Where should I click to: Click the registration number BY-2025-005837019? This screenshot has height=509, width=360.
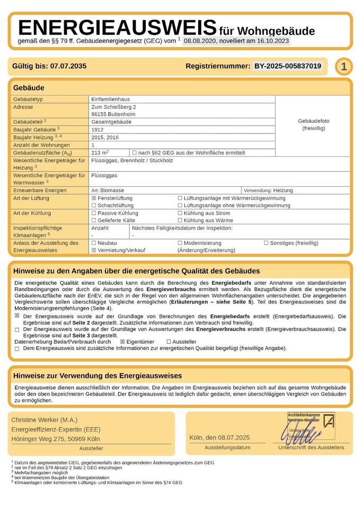[287, 66]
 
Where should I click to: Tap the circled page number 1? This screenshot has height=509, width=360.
[344, 66]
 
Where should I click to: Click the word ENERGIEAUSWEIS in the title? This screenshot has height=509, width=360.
[117, 27]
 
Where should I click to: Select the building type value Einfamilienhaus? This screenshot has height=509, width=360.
[110, 99]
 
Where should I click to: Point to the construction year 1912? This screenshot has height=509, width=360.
[98, 129]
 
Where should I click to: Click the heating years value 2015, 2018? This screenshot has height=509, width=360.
[105, 137]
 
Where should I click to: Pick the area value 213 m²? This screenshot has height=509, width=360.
[100, 153]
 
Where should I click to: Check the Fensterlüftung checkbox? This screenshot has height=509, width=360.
[94, 198]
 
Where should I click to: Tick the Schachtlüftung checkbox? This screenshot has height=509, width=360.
[94, 206]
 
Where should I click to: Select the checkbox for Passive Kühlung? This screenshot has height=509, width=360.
[94, 213]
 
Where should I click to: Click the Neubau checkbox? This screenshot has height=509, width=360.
[94, 243]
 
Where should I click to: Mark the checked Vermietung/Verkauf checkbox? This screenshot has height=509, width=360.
[94, 250]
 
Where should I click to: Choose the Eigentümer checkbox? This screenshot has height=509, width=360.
[122, 342]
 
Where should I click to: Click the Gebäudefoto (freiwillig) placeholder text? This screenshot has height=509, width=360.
[313, 125]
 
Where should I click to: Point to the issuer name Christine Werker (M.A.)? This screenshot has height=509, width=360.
[44, 419]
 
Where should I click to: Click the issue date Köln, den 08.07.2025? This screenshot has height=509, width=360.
[219, 437]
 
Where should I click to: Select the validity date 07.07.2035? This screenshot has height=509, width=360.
[68, 66]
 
